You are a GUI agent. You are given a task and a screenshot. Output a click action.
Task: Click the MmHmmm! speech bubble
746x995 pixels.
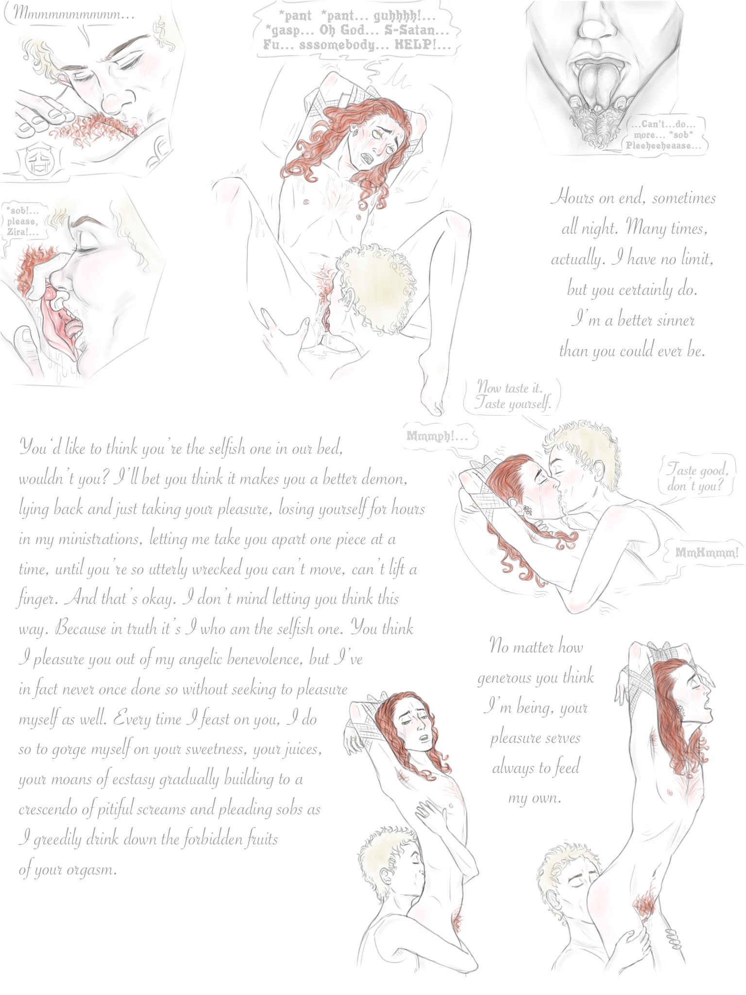[707, 552]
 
